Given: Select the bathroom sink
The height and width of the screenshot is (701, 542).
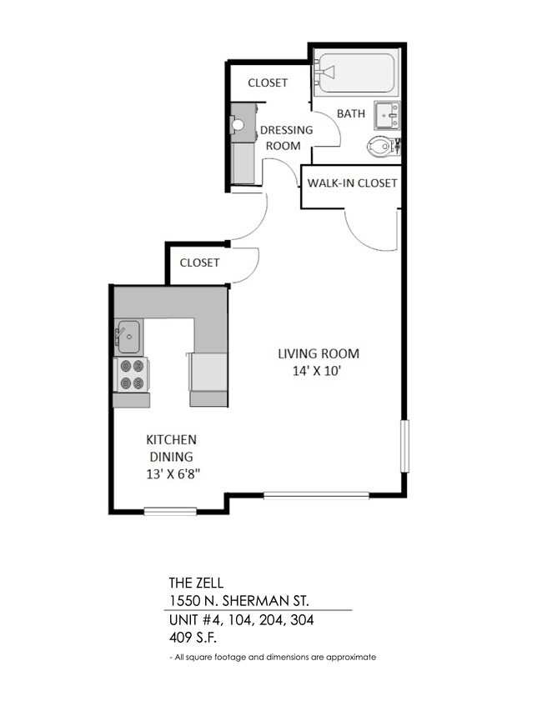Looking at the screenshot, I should click(387, 114).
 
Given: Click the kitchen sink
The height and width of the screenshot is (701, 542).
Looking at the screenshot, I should click(128, 336).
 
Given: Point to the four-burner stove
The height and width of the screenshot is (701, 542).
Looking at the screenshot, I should click(131, 374).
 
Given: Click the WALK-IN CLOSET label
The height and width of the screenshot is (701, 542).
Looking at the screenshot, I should click(352, 183).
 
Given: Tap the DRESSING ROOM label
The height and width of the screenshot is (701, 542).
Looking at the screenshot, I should click(286, 138).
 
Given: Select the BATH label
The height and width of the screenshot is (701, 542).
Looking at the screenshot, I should click(350, 113).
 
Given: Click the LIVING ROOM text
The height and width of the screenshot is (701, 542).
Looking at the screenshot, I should click(319, 353).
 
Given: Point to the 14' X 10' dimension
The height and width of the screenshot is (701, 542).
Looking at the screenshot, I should click(319, 372).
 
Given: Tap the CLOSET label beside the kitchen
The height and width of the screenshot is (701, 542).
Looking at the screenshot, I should click(199, 263).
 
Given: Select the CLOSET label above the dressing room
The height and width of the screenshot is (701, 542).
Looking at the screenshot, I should click(268, 83).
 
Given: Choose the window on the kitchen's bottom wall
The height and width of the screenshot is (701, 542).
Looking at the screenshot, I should click(170, 510).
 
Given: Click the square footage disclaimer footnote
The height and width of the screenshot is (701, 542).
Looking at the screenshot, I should click(273, 657).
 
